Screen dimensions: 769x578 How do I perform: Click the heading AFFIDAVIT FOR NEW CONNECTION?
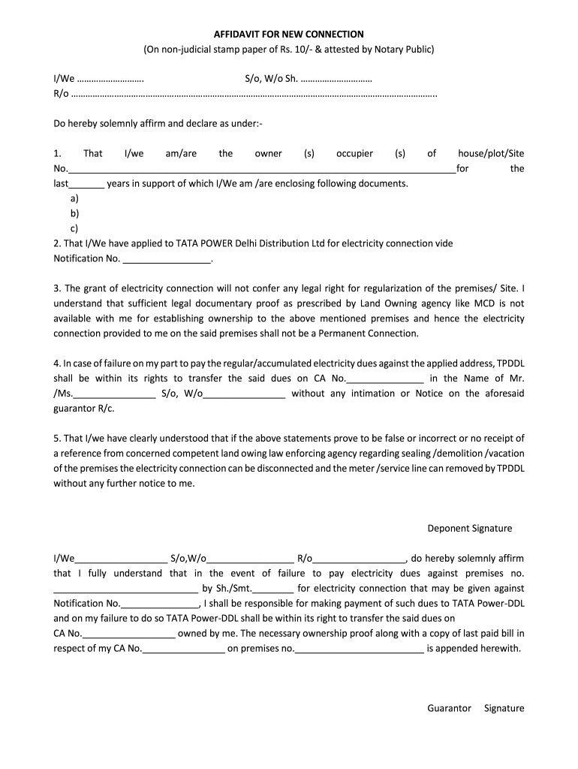coord(289,35)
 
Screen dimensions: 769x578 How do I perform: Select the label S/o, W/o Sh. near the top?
coord(271,79)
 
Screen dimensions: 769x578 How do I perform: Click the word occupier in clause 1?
coord(354,153)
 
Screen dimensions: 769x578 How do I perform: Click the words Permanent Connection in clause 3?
coord(374,333)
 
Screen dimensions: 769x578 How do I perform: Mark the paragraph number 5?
coord(56,439)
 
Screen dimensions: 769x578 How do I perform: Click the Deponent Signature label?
coord(470,528)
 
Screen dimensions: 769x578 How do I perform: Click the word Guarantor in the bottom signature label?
coord(449,708)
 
